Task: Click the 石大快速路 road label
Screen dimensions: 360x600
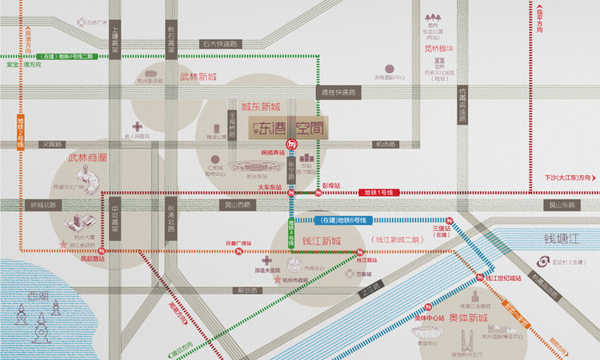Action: click(220, 44)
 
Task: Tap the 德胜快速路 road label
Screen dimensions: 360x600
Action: click(338, 93)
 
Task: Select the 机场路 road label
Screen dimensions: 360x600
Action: click(386, 145)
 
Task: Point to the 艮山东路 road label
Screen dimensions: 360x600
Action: click(560, 205)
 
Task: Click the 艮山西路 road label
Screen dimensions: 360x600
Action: click(235, 205)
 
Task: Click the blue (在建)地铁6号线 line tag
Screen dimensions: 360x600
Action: click(345, 220)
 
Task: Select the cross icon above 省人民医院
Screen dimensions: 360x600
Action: click(138, 126)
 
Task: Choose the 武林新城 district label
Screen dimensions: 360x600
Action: click(198, 77)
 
